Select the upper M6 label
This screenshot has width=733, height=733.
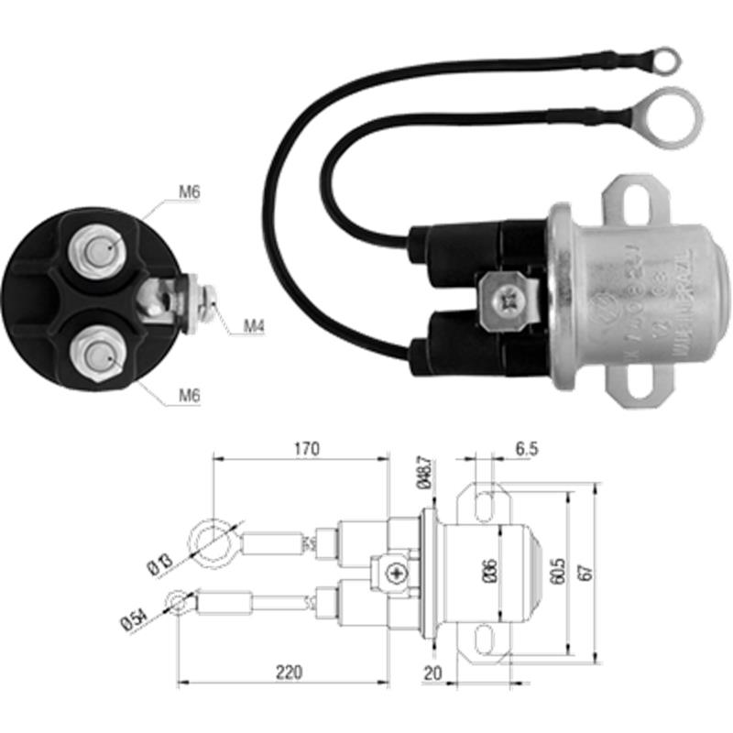pos(189,192)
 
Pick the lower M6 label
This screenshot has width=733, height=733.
pos(189,395)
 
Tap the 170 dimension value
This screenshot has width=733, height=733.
pos(306,449)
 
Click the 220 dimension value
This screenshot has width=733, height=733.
pos(288,673)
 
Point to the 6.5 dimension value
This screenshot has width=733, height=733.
pos(527,449)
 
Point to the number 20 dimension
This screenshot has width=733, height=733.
pos(433,673)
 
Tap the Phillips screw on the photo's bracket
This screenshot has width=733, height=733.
pos(507,298)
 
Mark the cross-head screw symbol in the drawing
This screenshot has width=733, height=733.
pos(397,574)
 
